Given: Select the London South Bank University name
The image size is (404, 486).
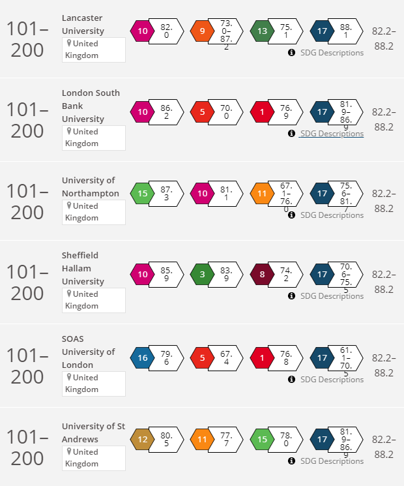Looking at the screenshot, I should tap(91, 106).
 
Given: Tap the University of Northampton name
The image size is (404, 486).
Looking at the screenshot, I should tap(91, 187).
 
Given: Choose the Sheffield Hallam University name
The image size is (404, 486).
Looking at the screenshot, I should tap(83, 268).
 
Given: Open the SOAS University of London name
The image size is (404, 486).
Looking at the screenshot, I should tap(88, 352).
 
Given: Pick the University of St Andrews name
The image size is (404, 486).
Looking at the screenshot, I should tap(93, 433).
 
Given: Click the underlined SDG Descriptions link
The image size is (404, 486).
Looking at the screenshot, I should tap(331, 134).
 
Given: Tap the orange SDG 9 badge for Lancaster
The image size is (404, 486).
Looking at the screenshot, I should tap(202, 31).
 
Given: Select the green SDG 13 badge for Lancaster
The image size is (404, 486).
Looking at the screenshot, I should tap(263, 31).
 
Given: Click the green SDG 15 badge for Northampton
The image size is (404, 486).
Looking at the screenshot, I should tap(142, 193).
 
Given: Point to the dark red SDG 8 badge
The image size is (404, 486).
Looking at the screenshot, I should tap(262, 275).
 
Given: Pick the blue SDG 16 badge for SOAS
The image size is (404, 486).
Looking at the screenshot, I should tap(142, 357).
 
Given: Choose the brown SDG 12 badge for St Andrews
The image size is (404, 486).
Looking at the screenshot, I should tap(142, 439).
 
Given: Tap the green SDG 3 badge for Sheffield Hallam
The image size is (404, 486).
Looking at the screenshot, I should tap(202, 275).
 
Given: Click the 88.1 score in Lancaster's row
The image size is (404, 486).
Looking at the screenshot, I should tap(346, 31).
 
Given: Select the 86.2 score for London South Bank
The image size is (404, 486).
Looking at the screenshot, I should tap(166, 112).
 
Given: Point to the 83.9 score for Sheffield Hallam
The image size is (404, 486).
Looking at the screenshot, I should tap(226, 275).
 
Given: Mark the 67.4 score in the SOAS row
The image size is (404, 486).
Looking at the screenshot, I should tap(226, 357).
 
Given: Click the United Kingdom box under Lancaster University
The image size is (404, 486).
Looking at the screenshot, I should tap(93, 50).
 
